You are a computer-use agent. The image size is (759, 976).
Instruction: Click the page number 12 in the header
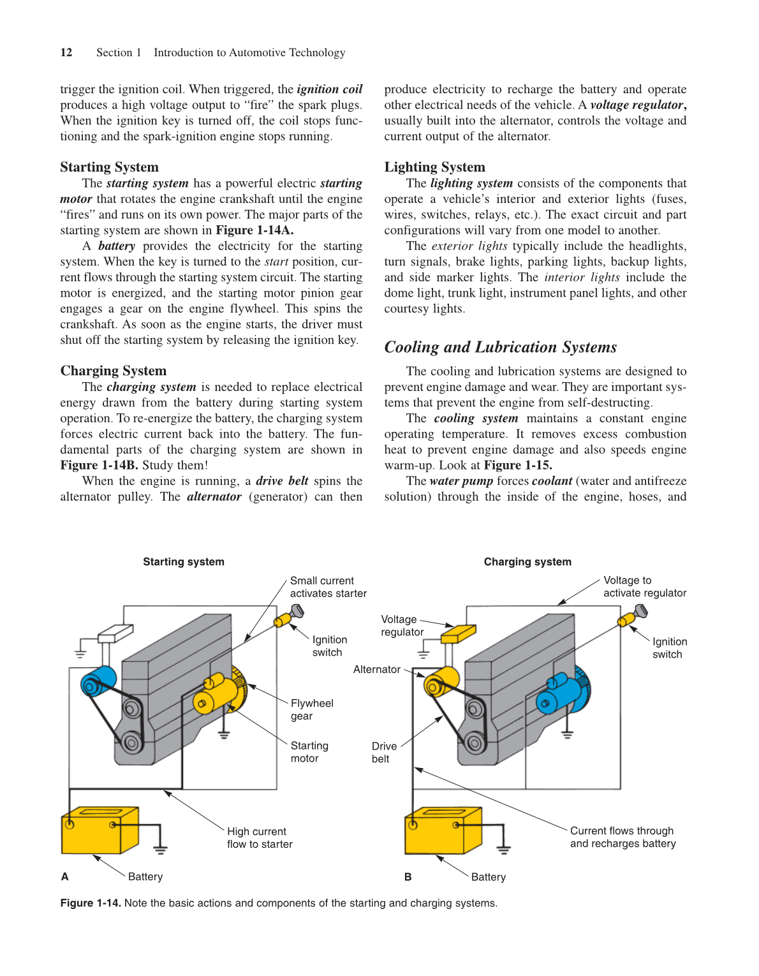(x=66, y=52)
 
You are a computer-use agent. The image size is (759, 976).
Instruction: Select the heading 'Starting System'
(x=109, y=167)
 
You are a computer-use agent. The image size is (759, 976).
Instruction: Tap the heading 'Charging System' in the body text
(x=113, y=371)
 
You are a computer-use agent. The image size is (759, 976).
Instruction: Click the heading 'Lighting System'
(x=434, y=167)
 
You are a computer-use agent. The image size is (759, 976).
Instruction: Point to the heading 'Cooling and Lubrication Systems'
(x=500, y=347)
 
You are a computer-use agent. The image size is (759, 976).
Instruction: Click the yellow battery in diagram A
(x=99, y=831)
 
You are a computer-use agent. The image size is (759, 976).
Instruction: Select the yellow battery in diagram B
(x=443, y=831)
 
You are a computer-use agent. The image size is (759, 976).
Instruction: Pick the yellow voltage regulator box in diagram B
(x=459, y=633)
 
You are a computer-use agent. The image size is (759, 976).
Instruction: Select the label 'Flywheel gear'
(x=311, y=709)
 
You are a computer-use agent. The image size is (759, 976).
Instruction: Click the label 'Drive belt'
(x=384, y=752)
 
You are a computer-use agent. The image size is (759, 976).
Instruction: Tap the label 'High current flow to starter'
(x=260, y=838)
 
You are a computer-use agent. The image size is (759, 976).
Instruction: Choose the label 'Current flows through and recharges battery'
(x=623, y=837)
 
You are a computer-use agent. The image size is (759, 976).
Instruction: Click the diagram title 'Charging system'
(x=527, y=561)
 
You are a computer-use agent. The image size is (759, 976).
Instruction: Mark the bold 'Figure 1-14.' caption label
(x=91, y=903)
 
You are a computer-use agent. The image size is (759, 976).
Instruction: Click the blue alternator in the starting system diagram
(x=99, y=681)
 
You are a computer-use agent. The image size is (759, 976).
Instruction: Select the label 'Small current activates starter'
(x=328, y=587)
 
